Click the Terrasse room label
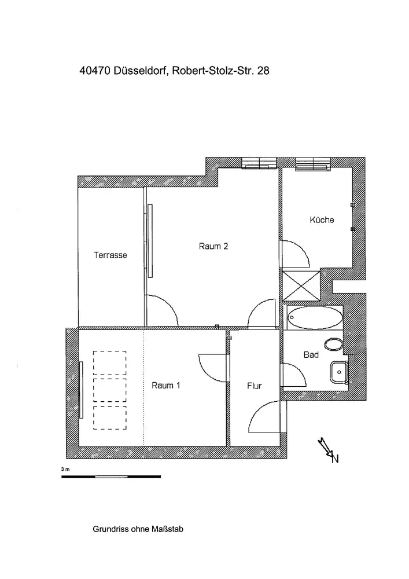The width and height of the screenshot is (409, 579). coord(110,255)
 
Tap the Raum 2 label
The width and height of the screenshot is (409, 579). coord(213,246)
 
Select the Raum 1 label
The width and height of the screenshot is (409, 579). coord(166,386)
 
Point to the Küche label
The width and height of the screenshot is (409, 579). coord(322,220)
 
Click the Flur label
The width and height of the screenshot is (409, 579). coord(255,386)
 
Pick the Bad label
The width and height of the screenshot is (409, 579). coord(311,355)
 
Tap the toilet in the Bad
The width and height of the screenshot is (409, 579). coord(333,345)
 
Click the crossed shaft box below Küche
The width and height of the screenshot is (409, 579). coord(300,286)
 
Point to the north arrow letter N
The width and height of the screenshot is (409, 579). coord(334,459)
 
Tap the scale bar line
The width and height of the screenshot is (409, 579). coord(110,476)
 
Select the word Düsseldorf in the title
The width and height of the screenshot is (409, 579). coord(139,72)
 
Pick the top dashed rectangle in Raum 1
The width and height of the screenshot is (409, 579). coord(110,362)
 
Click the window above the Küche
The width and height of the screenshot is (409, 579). coord(312,165)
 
